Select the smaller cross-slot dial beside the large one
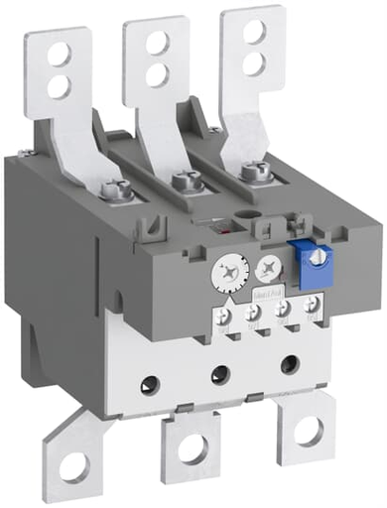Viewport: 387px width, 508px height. pos(263,268)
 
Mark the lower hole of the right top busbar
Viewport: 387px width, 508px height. pos(255,63)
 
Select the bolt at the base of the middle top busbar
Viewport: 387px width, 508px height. pos(181,181)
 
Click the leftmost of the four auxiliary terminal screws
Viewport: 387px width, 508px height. pos(225,317)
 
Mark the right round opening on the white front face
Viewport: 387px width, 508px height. pos(292,363)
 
